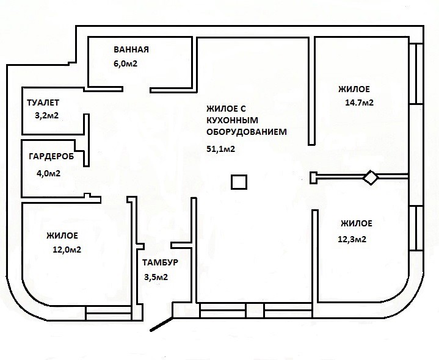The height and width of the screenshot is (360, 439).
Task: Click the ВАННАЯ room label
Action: coord(131,49)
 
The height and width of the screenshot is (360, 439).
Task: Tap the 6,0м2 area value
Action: coord(125,63)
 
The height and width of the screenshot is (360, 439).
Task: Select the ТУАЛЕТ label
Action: coord(43,103)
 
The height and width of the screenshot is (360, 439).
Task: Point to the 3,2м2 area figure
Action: coord(47,115)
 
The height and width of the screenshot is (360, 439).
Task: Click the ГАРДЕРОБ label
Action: coord(51,156)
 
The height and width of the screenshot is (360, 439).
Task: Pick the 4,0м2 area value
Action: coord(48,173)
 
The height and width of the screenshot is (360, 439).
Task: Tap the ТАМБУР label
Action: coord(160,262)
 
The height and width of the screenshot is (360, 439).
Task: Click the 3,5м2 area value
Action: coord(156,277)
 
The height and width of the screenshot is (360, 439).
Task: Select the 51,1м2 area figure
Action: coord(221,149)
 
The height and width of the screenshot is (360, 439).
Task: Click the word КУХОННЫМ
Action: coord(233,120)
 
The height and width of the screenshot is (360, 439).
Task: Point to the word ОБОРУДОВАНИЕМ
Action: coord(247,132)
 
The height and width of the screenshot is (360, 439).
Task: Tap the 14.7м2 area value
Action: coord(360,103)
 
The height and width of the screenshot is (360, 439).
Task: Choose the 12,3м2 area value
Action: coord(352,239)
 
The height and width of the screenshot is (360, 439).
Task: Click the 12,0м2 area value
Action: coord(67,250)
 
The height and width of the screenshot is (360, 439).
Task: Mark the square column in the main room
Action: coord(239,182)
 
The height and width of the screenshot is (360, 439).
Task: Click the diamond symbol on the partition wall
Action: coord(371,178)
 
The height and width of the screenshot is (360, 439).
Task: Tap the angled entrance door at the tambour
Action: coord(161,324)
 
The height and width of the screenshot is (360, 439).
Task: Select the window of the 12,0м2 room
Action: coord(108,313)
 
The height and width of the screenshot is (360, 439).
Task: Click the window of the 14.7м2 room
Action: coord(416,74)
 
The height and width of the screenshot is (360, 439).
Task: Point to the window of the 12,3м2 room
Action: coord(416,228)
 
